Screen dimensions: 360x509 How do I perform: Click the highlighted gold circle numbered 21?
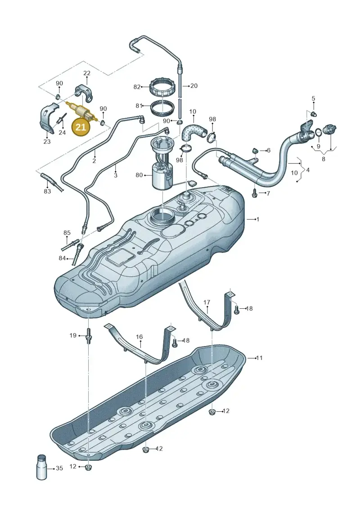tap(81, 127)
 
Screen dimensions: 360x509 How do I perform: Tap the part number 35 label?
tap(59, 468)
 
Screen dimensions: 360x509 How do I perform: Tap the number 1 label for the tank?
tap(258, 220)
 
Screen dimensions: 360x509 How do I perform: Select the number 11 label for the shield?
tap(259, 358)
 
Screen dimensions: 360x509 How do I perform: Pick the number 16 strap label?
tap(139, 337)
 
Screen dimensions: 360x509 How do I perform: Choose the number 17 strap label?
tap(207, 302)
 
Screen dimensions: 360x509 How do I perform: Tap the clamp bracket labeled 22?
tap(85, 94)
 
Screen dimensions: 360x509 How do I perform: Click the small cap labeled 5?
tap(313, 113)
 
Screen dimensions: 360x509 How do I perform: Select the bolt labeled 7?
tap(255, 194)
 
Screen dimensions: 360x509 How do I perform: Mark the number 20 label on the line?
tap(194, 86)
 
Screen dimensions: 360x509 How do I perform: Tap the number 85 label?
tap(67, 233)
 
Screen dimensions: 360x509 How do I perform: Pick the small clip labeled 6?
tap(255, 151)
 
